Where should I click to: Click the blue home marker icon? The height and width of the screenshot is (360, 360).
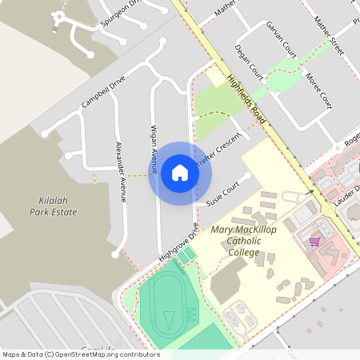coord(179,173)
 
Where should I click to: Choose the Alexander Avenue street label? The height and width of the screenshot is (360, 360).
coord(121,171)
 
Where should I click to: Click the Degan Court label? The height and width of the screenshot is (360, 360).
coord(250,61)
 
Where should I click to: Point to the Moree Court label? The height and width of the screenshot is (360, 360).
coord(318,90)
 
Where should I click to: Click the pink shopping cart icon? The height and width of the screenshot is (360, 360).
coord(314,241)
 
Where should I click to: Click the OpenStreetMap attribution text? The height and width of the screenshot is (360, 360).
coord(80,354)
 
